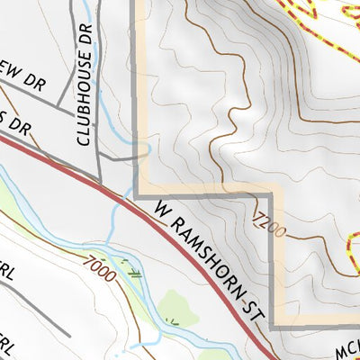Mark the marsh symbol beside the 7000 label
pos(132,273)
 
